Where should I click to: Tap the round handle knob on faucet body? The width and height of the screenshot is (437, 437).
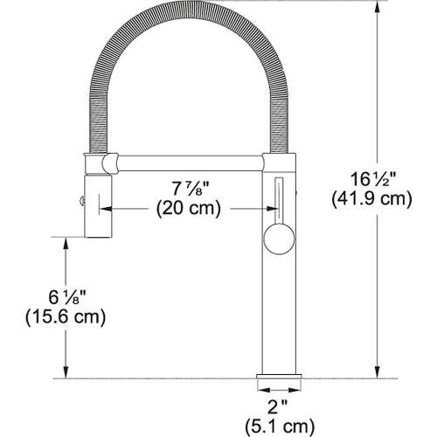pyautogui.click(x=274, y=235)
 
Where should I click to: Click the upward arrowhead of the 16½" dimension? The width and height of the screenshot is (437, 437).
pyautogui.click(x=378, y=6)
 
